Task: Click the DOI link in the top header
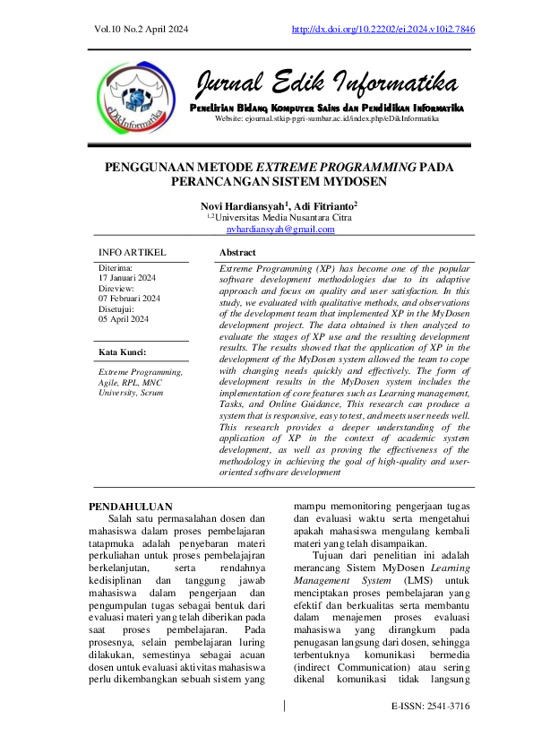(x=383, y=30)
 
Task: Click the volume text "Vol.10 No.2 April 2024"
(x=141, y=30)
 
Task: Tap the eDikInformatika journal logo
(x=133, y=96)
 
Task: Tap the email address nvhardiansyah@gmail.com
(x=280, y=230)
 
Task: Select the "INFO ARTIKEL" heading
(x=132, y=253)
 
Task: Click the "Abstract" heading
(x=237, y=253)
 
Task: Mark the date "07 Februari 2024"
(x=129, y=299)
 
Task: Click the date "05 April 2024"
(x=124, y=319)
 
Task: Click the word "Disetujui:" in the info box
(x=116, y=309)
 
